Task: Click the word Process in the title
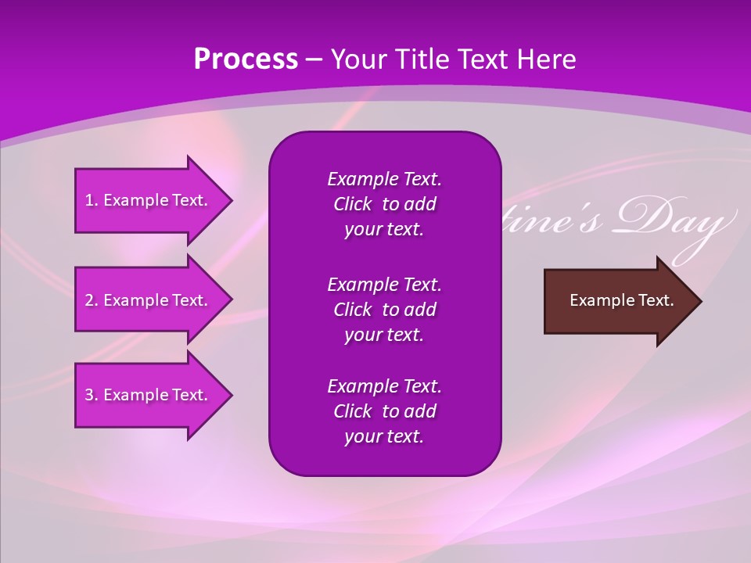[x=246, y=59]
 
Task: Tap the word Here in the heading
[x=548, y=59]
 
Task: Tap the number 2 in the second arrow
[x=89, y=300]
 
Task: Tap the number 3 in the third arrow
[x=89, y=395]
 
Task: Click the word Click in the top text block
[x=353, y=204]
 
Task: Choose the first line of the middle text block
[x=384, y=284]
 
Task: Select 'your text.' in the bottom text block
[x=384, y=436]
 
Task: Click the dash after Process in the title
[x=314, y=59]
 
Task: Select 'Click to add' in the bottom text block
[x=384, y=411]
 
